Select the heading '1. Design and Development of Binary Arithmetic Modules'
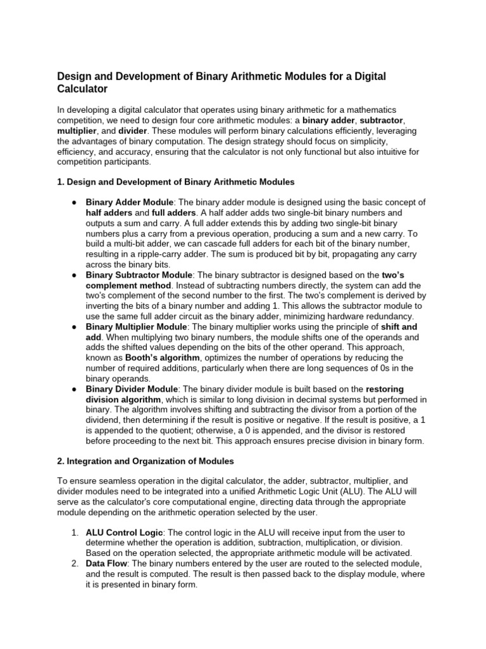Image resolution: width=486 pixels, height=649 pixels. click(x=175, y=182)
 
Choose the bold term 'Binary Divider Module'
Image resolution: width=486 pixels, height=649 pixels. click(x=131, y=389)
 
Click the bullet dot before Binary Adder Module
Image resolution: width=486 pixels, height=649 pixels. click(x=74, y=203)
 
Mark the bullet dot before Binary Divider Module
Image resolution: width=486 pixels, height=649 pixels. click(x=74, y=389)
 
